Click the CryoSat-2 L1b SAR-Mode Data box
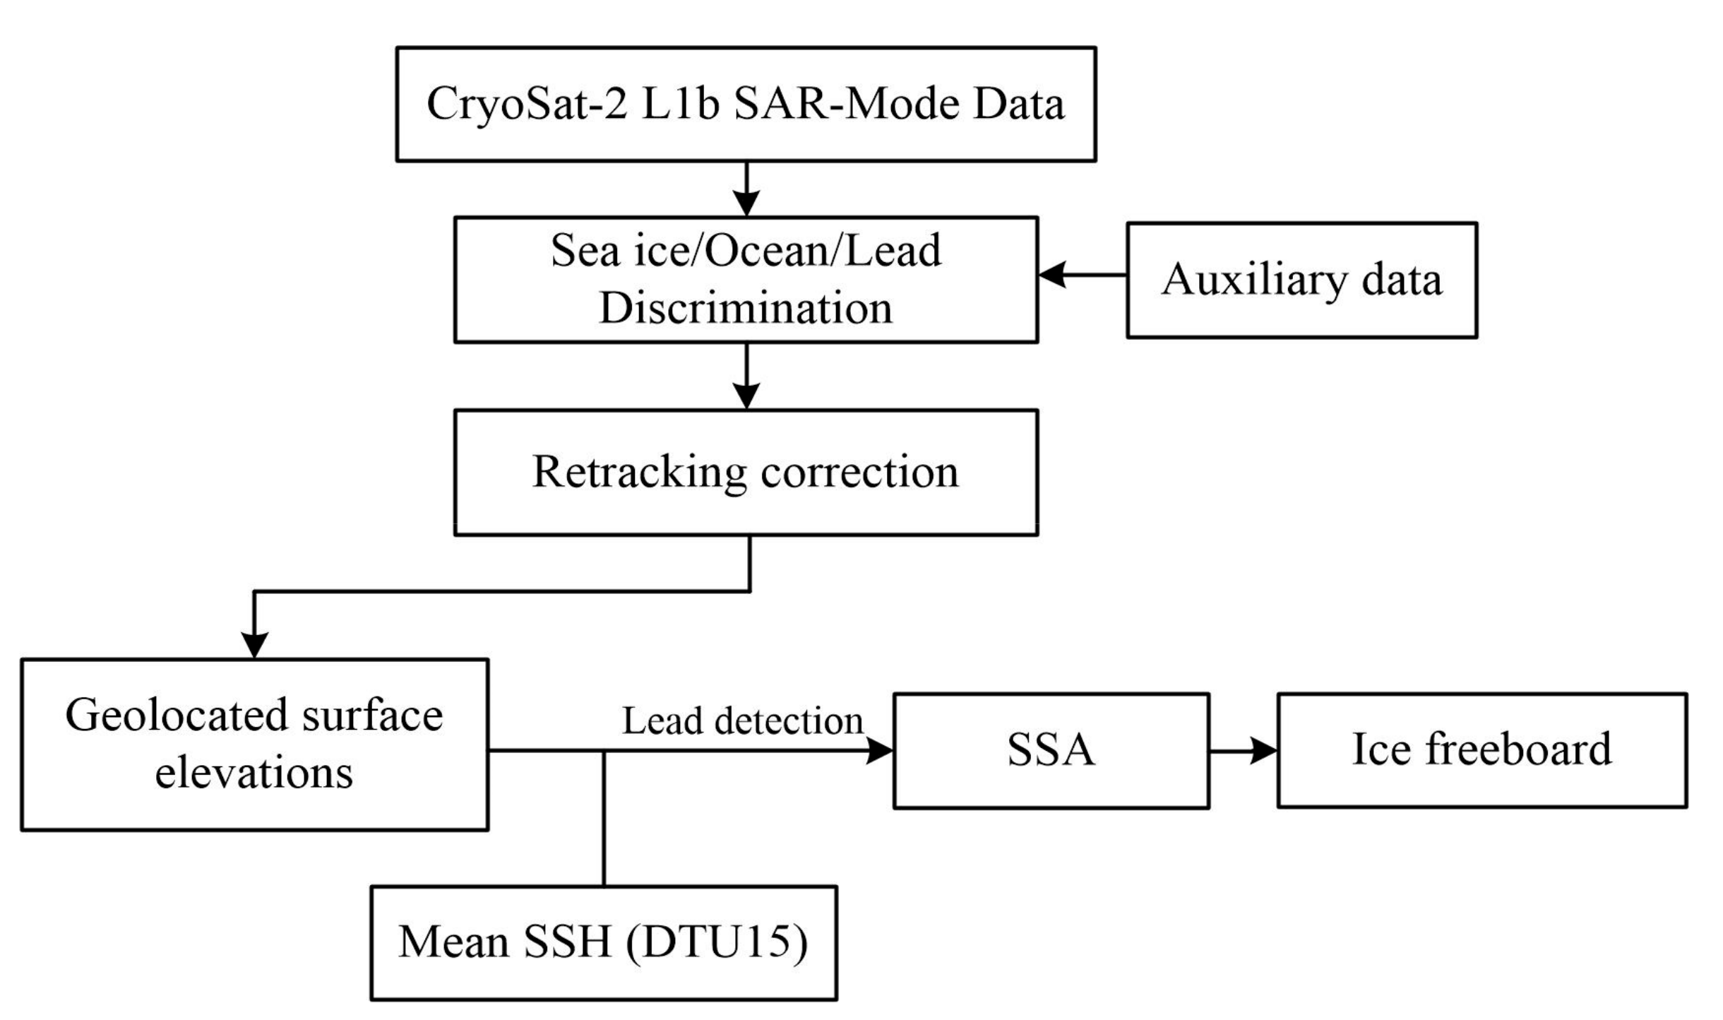coord(746,104)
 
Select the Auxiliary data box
coord(1301,280)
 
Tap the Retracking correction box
coord(746,472)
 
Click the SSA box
coord(1051,750)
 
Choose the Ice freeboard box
coord(1481,750)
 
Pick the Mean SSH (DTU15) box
coord(604,942)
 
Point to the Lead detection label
coord(742,721)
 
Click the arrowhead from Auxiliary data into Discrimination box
coord(1052,275)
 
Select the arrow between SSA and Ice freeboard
coord(1243,751)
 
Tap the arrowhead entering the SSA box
coord(880,751)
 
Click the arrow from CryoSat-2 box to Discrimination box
coord(746,189)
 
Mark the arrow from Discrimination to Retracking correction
coord(746,376)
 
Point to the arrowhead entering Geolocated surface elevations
coord(254,645)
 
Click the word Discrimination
coord(746,309)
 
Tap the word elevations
coord(254,773)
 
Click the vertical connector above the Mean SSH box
coord(604,819)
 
